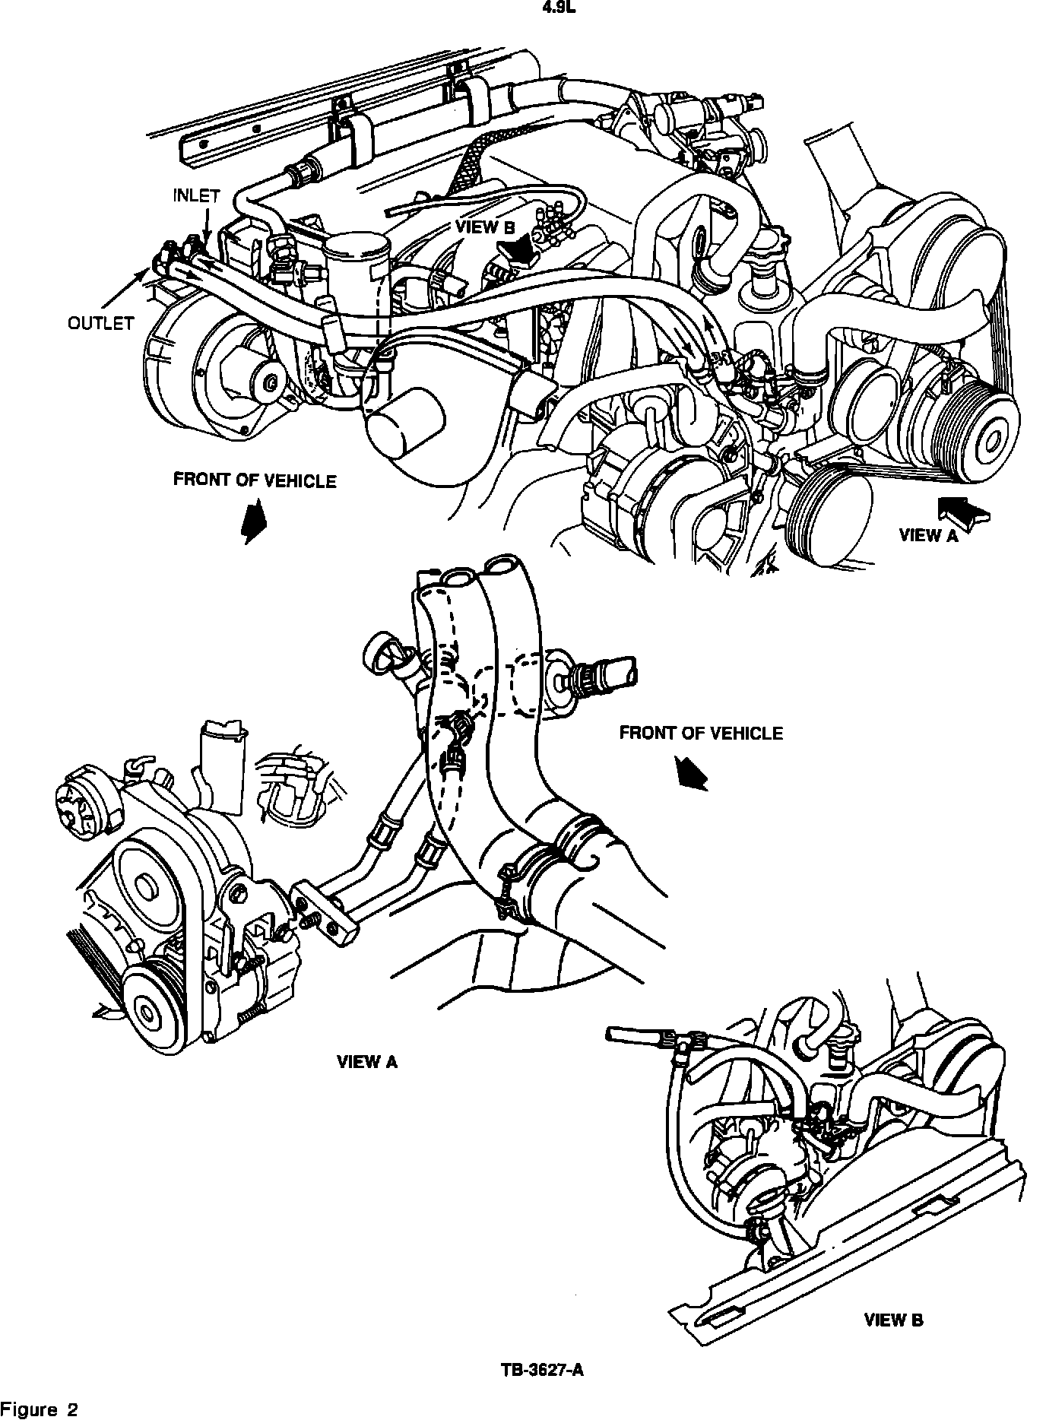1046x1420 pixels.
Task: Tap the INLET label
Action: (x=196, y=195)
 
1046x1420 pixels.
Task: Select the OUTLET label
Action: (x=101, y=324)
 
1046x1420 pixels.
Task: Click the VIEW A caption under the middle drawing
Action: (x=367, y=1062)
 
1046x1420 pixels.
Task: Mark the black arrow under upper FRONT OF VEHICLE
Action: (x=253, y=520)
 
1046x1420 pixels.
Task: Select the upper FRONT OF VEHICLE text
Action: (x=255, y=480)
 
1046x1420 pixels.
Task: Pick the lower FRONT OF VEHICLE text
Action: (x=700, y=733)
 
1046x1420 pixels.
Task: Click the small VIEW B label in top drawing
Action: (x=485, y=227)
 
